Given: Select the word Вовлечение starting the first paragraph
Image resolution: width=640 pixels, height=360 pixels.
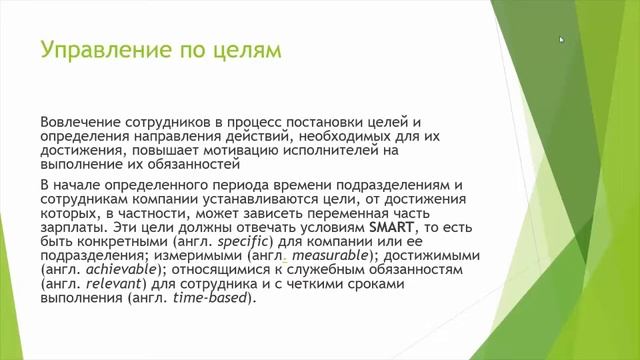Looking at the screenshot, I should point(82,121).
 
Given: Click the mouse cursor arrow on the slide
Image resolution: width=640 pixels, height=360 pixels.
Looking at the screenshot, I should point(562,40).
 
